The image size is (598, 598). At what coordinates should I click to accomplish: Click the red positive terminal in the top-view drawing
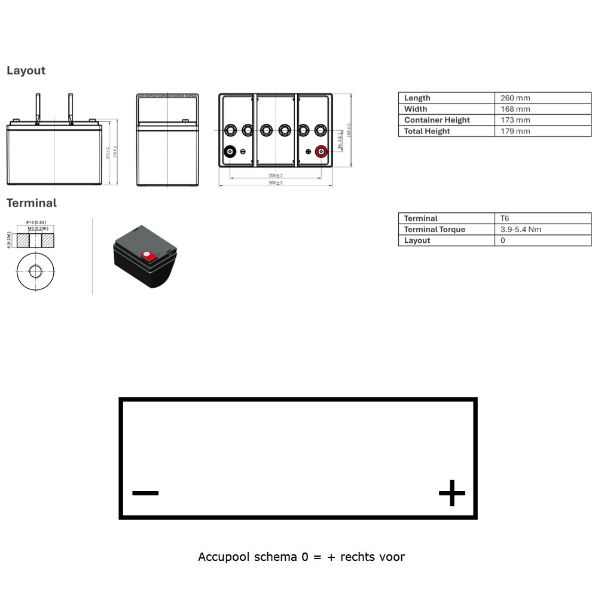point(321,152)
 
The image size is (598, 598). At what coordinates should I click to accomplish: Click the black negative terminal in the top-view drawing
point(230,152)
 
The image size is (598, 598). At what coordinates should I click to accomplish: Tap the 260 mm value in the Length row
point(515,98)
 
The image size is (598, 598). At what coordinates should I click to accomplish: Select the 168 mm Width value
point(515,109)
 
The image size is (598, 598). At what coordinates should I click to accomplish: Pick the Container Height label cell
point(437,120)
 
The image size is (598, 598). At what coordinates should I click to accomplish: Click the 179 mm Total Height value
point(515,131)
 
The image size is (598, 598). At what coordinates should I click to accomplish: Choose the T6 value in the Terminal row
point(505,218)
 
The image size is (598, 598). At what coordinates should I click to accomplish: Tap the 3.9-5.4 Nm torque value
point(520,230)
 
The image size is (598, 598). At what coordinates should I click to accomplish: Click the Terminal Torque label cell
point(434,230)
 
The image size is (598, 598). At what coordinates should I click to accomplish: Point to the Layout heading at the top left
point(26,71)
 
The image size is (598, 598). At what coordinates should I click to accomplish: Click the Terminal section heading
point(31,203)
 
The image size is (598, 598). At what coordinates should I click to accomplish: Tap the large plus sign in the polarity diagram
point(451,493)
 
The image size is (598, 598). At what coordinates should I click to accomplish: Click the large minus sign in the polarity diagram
point(145,493)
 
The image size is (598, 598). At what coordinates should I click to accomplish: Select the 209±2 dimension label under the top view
point(275,176)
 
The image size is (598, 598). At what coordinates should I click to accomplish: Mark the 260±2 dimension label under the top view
point(275,183)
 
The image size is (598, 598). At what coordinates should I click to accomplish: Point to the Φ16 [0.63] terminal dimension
point(36,222)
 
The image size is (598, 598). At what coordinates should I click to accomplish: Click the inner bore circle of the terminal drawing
point(35,271)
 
